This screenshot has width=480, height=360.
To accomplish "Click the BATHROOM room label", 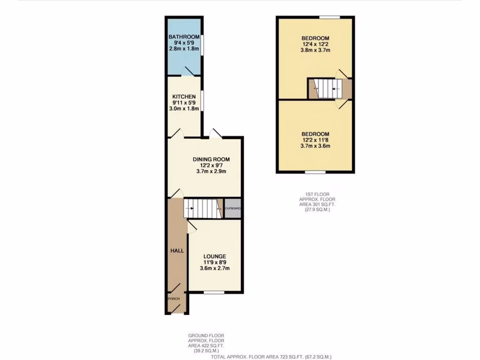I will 184,37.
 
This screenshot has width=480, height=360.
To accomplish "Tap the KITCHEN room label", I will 184,97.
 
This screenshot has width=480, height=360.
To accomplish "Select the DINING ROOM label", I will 211,159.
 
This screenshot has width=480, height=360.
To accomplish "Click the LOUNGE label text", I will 214,256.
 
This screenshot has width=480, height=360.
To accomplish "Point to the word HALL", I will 177,251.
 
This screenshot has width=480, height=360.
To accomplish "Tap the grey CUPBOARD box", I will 233,209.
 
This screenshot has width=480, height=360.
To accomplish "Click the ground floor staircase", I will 202,209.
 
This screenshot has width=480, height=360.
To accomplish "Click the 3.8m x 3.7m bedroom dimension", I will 315,51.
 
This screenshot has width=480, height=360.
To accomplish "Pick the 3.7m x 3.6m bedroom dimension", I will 315,146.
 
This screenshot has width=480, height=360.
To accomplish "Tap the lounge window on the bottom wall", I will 214,293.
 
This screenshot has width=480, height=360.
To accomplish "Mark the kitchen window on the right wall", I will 202,101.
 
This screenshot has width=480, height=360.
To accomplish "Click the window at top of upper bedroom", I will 330,17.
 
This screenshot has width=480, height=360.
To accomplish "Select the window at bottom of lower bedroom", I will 315,172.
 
